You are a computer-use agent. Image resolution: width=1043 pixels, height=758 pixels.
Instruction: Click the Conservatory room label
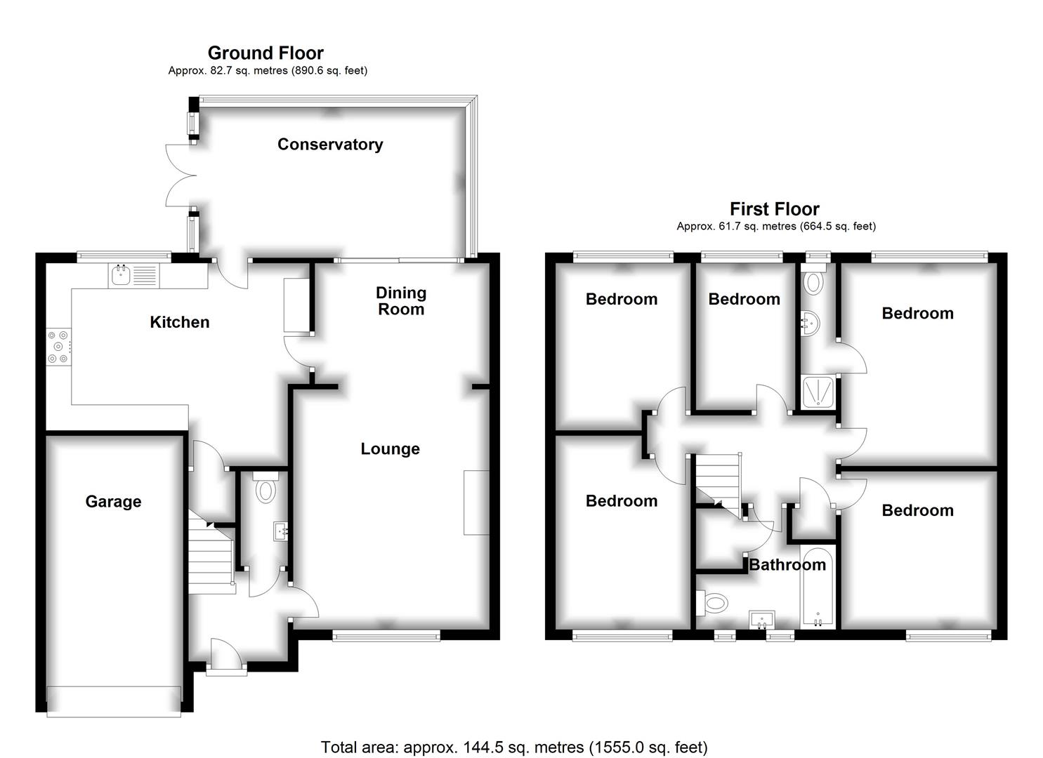pyautogui.click(x=330, y=145)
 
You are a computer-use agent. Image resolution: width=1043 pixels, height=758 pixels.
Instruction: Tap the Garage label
pyautogui.click(x=113, y=502)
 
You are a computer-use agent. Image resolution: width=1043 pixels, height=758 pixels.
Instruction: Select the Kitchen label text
pyautogui.click(x=180, y=322)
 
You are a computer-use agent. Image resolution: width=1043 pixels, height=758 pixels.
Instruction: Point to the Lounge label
pyautogui.click(x=390, y=449)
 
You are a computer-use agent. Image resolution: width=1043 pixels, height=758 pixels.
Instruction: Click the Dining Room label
pyautogui.click(x=401, y=301)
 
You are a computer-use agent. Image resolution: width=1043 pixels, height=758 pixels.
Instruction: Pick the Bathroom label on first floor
pyautogui.click(x=787, y=565)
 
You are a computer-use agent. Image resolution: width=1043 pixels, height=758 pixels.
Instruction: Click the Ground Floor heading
pyautogui.click(x=265, y=53)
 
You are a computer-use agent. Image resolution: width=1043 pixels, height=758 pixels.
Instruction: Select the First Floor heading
pyautogui.click(x=774, y=209)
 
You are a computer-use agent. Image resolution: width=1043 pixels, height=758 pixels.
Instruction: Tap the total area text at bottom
pyautogui.click(x=514, y=747)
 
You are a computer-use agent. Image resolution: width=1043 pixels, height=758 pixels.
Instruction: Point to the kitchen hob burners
pyautogui.click(x=58, y=347)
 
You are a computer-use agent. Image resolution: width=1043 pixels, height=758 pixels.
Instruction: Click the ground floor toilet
pyautogui.click(x=265, y=488)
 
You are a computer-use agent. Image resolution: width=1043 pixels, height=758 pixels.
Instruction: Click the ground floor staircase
pyautogui.click(x=211, y=558)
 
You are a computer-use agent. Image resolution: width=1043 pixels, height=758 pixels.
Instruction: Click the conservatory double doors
pyautogui.click(x=179, y=175)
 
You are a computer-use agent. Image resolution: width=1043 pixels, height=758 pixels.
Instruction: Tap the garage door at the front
pyautogui.click(x=114, y=694)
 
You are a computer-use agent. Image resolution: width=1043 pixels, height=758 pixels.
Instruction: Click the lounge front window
pyautogui.click(x=386, y=636)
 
